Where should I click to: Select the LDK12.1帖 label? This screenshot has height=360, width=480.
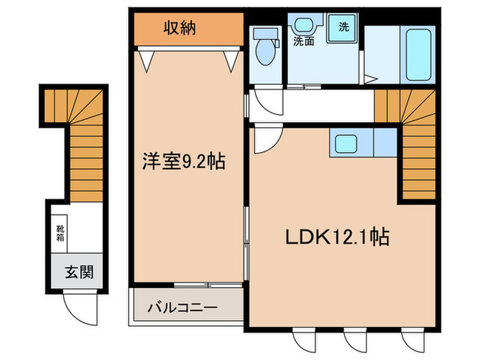(x=337, y=237)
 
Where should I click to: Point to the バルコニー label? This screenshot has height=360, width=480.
(x=184, y=307)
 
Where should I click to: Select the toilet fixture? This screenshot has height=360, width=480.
(x=263, y=46)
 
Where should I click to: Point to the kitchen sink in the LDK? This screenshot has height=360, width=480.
(x=344, y=144)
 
